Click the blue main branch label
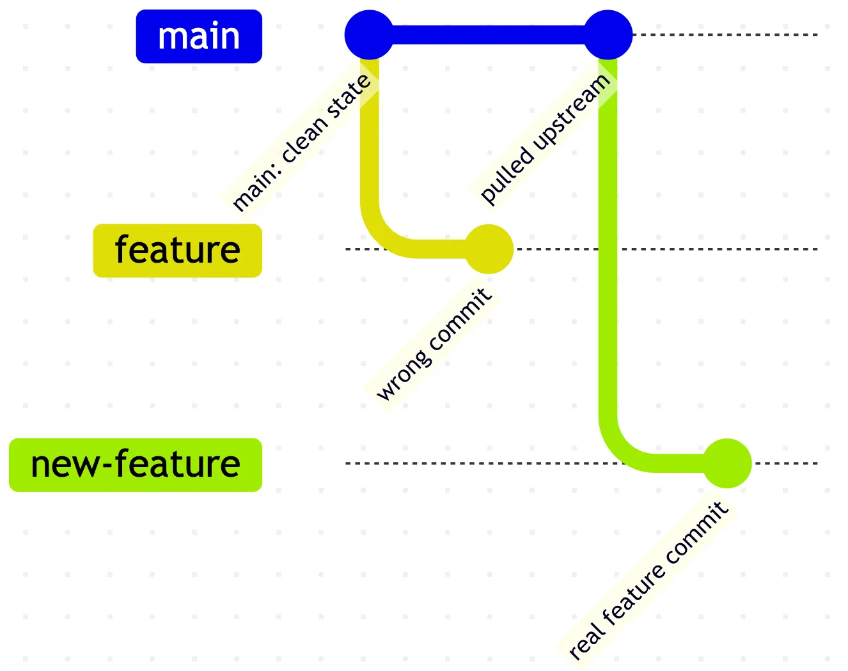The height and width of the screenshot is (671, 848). coord(199,36)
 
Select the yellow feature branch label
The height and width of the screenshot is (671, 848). coord(177,251)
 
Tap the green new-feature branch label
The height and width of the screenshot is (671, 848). coord(136,465)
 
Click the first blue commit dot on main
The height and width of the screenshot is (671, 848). coord(369,35)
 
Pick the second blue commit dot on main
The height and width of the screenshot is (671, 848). coord(608,35)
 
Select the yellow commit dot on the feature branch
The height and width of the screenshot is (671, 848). coord(489,249)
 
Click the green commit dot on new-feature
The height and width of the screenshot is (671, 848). coord(727,463)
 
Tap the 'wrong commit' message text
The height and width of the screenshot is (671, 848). coord(434,344)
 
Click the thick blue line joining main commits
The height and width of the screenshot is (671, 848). coord(489,35)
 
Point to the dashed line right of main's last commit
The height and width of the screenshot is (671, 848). coord(726,35)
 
